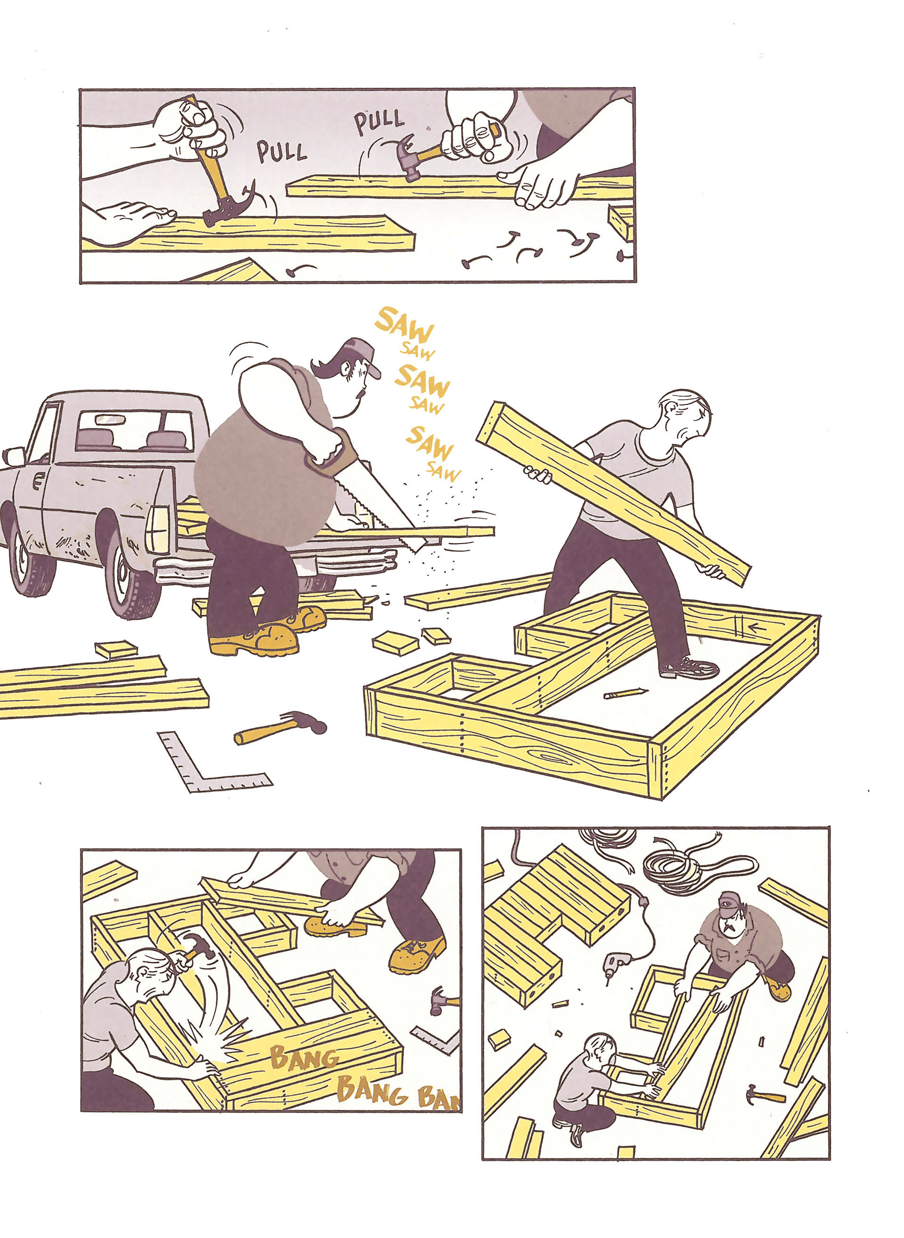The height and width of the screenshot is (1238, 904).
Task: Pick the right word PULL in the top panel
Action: (379, 122)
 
